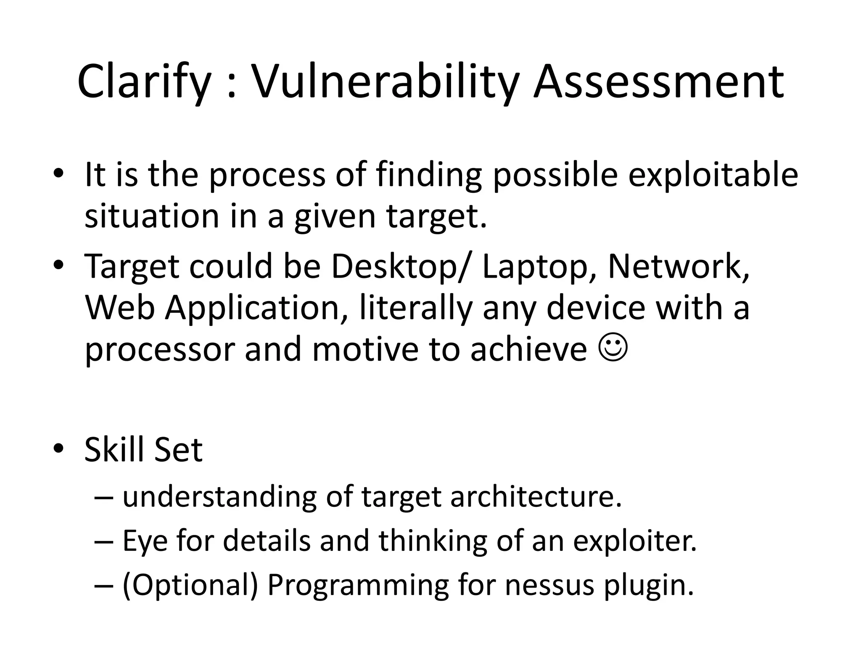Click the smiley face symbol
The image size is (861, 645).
click(x=613, y=349)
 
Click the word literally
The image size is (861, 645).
click(x=416, y=308)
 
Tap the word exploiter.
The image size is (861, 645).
click(x=635, y=541)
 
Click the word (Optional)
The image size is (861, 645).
click(x=190, y=585)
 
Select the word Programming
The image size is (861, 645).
click(x=358, y=585)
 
